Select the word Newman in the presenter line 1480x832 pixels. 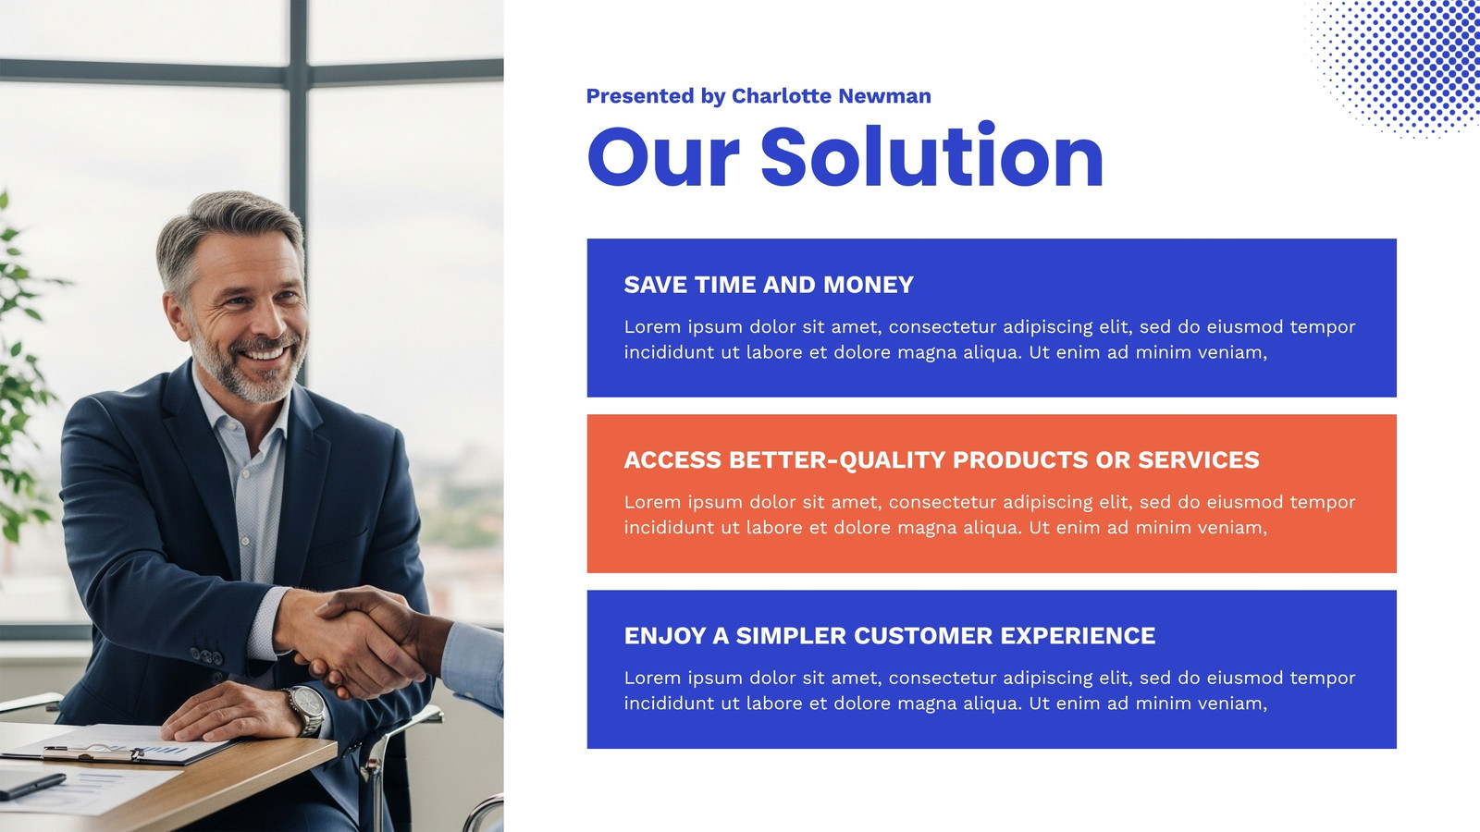pyautogui.click(x=884, y=96)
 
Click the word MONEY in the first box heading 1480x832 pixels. pyautogui.click(x=869, y=285)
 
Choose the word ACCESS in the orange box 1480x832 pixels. pyautogui.click(x=672, y=460)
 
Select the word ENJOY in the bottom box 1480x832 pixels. pyautogui.click(x=665, y=636)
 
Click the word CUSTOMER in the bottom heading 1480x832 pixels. pyautogui.click(x=923, y=636)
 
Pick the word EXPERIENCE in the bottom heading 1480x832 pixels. pyautogui.click(x=1079, y=636)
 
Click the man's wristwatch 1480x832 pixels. pyautogui.click(x=306, y=710)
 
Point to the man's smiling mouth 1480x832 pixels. pyautogui.click(x=265, y=353)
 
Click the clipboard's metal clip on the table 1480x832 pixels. pyautogui.click(x=92, y=753)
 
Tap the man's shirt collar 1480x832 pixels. pyautogui.click(x=241, y=417)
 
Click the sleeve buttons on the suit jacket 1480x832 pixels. pyautogui.click(x=207, y=656)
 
